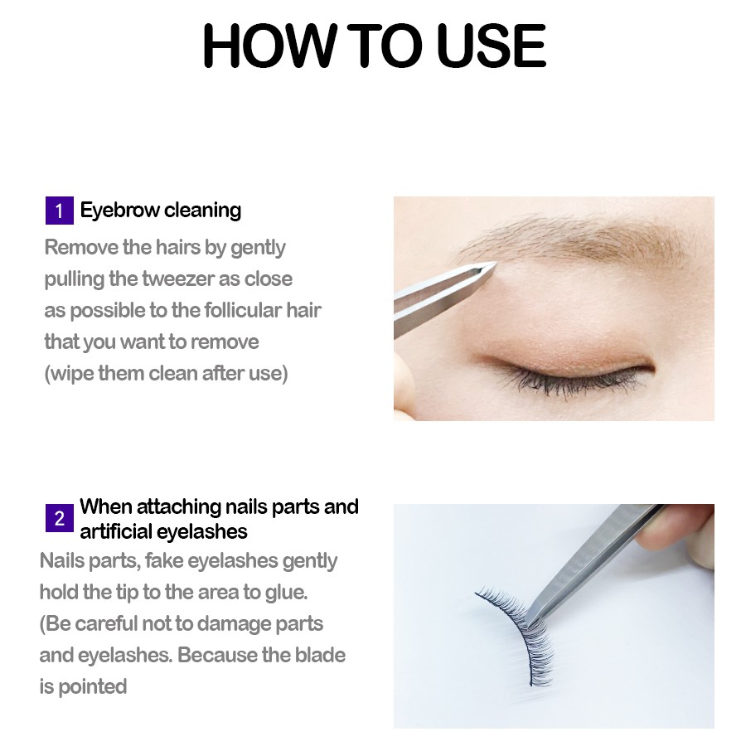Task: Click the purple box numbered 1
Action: (59, 211)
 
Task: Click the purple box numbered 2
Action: (59, 519)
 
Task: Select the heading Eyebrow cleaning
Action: (160, 211)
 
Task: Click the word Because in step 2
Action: (217, 655)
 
